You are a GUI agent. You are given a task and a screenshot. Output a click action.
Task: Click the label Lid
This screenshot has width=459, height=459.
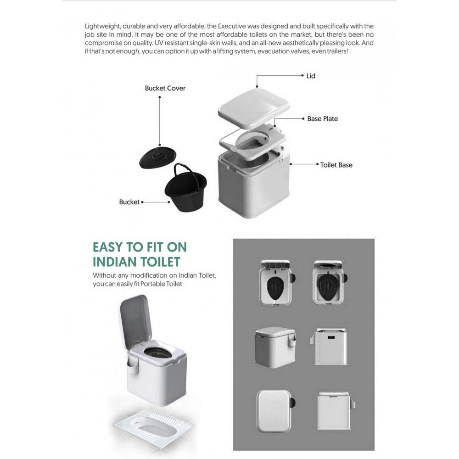click(x=311, y=76)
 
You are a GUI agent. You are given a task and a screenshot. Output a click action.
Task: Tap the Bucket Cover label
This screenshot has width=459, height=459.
click(x=165, y=88)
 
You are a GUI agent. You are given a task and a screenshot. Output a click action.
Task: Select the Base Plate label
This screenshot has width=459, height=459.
click(x=322, y=118)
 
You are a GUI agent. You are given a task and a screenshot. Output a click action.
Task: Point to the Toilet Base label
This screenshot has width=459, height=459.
click(x=336, y=164)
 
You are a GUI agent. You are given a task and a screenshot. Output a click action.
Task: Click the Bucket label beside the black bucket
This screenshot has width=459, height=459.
click(x=129, y=202)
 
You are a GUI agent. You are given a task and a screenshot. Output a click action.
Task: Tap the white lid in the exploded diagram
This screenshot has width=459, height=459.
click(x=254, y=105)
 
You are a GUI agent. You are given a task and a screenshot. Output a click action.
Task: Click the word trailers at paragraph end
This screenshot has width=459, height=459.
click(x=337, y=50)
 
